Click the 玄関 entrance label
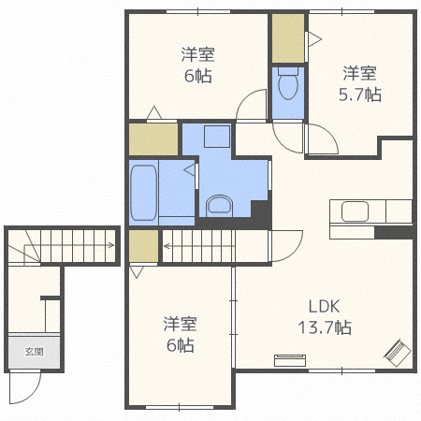[x=34, y=352]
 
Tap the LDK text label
[x=324, y=307]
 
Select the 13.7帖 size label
[x=325, y=327]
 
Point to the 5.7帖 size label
[x=360, y=94]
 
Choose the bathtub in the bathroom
[x=143, y=193]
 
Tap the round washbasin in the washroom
[x=220, y=205]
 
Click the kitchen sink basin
[x=355, y=211]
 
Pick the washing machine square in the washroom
[x=217, y=137]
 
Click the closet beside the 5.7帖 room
[x=288, y=38]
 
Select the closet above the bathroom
[x=153, y=139]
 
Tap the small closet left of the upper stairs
[x=143, y=246]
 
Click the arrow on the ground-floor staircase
[x=68, y=245]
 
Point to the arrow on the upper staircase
[x=199, y=246]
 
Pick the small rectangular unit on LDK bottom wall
[x=290, y=360]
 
